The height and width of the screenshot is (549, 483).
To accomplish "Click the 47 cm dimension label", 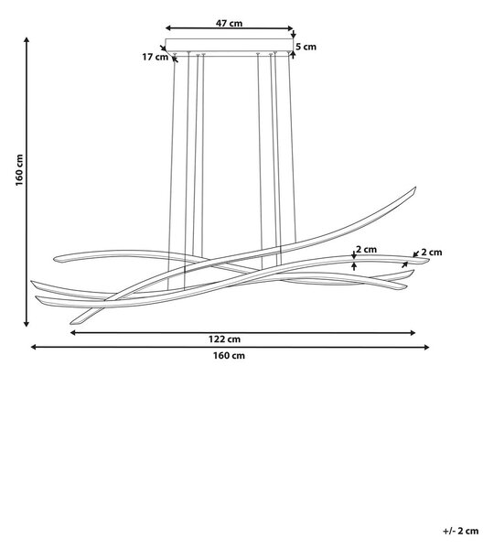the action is point(229,23).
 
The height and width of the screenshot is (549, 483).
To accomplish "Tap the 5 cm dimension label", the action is point(306,47).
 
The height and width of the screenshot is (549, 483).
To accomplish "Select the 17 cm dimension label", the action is point(155,57).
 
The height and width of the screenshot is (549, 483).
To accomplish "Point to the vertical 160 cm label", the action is point(19,170).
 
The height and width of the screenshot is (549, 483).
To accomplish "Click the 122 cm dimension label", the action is point(225,339).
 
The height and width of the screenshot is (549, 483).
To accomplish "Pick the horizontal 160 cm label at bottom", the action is point(229,355).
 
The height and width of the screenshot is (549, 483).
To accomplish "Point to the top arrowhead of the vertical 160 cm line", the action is point(27,39).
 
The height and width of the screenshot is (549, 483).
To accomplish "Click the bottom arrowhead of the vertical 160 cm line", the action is point(27,324).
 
